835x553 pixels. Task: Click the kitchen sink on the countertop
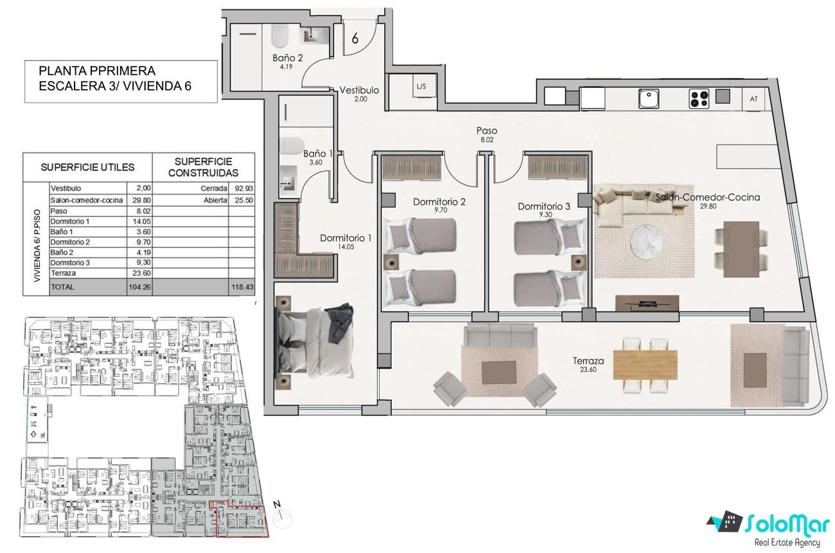coord(649,98)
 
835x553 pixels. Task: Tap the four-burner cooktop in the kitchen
coord(699,99)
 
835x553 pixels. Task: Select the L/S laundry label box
coord(421,87)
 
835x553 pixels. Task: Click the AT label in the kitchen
coord(753,99)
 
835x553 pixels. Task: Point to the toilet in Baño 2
coord(280,38)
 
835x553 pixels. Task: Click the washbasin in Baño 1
coord(288,180)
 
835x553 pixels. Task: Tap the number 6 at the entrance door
coord(355,38)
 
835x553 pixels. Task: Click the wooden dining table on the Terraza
coord(645,365)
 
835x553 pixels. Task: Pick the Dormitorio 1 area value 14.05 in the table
coord(141,222)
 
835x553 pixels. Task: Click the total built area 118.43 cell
coord(242,287)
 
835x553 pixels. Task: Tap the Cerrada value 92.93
coord(244,189)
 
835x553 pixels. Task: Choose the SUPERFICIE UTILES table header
coord(87,168)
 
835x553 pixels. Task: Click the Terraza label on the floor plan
coord(588,361)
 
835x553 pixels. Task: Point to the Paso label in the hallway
coord(487,130)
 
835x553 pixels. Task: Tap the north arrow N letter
coord(277,505)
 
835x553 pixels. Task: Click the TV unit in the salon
coord(647,303)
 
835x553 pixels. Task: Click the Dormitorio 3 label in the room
coord(544,206)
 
